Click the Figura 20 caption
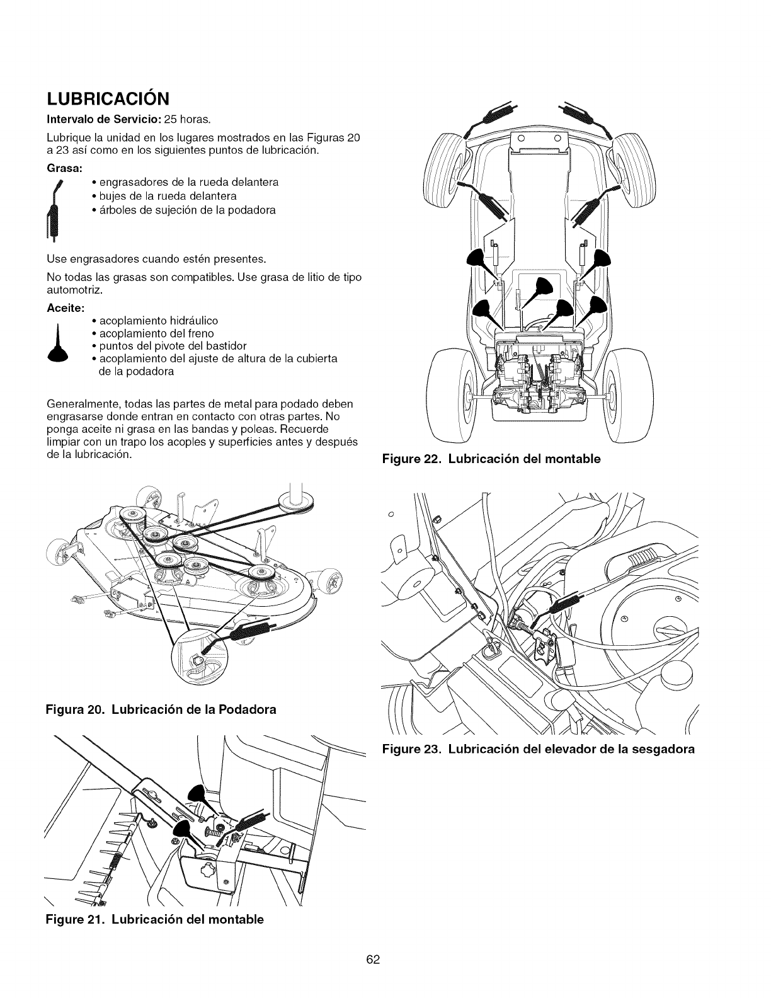click(161, 709)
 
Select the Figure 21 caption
click(155, 920)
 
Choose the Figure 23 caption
click(538, 750)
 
